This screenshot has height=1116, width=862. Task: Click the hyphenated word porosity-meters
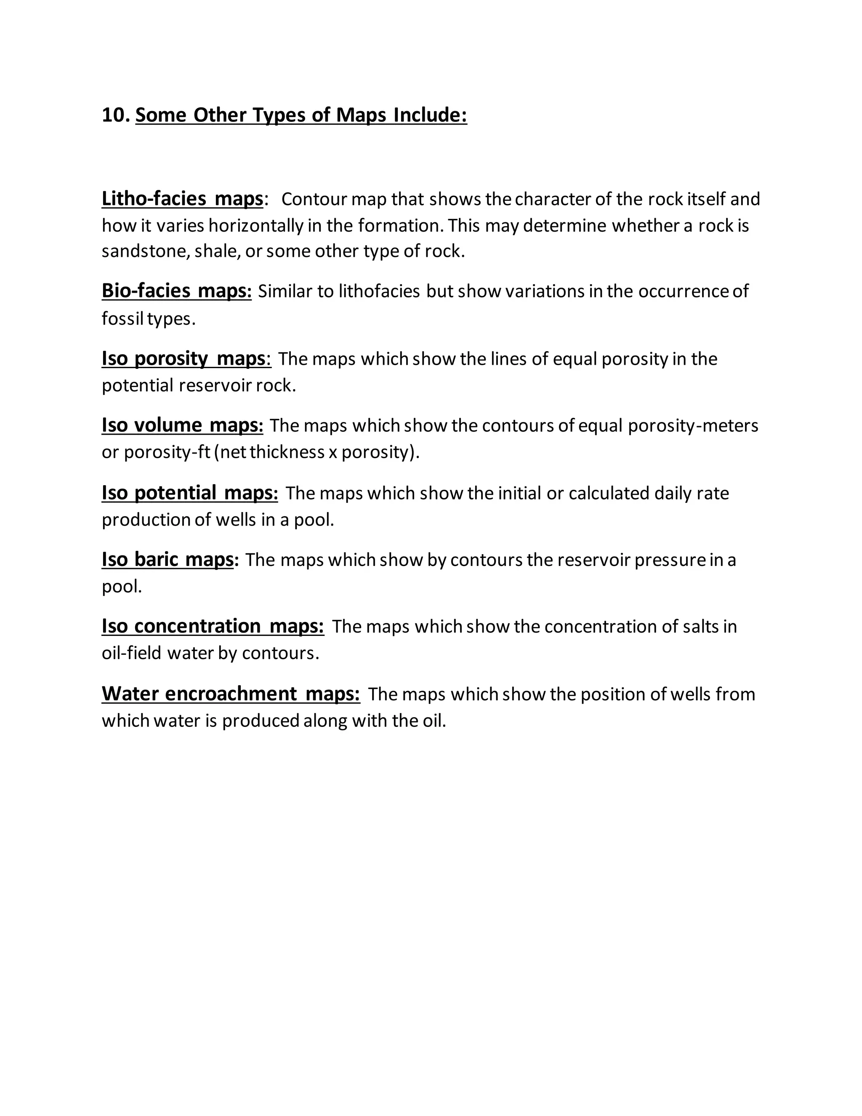coord(693,426)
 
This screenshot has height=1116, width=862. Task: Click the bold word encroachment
coord(231,694)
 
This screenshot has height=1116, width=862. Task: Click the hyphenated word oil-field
coord(131,653)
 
